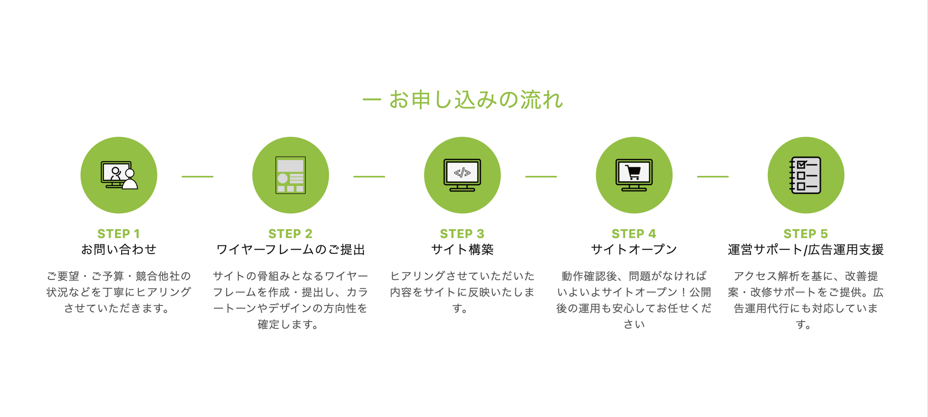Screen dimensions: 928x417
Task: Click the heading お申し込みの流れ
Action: pos(476,100)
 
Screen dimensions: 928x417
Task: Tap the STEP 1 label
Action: pos(119,234)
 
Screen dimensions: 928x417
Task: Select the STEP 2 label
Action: pos(290,234)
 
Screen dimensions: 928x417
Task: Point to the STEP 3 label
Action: pos(462,234)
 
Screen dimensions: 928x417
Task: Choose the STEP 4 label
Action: pos(634,234)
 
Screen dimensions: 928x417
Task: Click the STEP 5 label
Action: pos(806,234)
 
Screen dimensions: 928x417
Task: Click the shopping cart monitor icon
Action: pos(634,175)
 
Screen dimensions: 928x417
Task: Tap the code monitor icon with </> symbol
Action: pos(462,175)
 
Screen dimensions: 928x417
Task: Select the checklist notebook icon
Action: pos(805,175)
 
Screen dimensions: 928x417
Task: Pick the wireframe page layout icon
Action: pos(290,175)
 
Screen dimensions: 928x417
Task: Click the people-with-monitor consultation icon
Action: pos(119,175)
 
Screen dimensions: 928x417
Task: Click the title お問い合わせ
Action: pos(119,249)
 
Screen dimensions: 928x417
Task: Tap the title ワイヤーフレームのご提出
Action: pos(290,249)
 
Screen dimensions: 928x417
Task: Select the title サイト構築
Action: pos(462,249)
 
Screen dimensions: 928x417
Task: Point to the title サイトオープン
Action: pos(634,249)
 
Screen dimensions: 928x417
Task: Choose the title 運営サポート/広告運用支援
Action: pos(806,249)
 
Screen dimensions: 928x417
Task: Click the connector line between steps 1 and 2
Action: pos(197,176)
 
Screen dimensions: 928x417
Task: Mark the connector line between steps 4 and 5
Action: pos(713,176)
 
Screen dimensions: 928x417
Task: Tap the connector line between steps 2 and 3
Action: pos(369,176)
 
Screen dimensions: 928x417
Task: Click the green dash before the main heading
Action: pos(372,99)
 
